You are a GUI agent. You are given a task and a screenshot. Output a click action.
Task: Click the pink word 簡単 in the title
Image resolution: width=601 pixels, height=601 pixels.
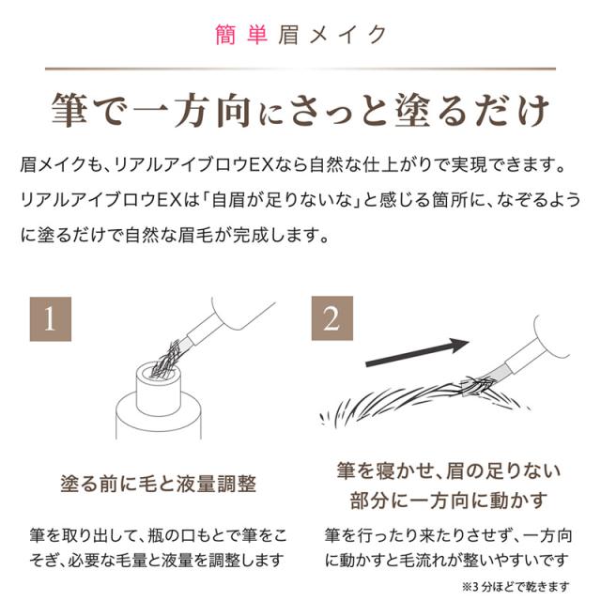coord(241,35)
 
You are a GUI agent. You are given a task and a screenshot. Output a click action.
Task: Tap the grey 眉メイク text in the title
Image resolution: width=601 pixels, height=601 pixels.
coord(332,35)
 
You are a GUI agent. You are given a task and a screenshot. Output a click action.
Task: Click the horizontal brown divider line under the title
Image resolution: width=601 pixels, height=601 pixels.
coord(300,69)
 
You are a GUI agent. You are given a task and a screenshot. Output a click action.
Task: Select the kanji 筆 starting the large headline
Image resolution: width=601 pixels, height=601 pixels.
coord(69,110)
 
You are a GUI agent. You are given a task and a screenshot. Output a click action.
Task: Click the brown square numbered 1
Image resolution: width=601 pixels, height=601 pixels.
coord(51,319)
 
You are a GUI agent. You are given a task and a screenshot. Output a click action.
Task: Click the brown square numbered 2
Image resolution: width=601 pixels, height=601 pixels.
coord(331,318)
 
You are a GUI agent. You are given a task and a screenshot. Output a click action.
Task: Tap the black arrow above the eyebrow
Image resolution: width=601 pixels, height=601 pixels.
coord(417,353)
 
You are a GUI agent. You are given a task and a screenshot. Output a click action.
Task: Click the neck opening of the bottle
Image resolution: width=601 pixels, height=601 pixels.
coord(158,372)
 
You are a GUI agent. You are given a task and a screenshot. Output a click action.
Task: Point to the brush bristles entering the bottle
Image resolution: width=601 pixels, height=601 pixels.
coord(167,359)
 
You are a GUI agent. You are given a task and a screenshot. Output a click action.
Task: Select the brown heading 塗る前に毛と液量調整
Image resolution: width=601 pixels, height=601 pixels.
coord(159,484)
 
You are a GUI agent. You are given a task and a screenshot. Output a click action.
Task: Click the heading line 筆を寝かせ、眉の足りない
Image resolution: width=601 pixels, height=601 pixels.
coord(449,470)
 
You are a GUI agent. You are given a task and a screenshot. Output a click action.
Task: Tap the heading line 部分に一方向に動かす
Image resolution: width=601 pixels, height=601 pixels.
coord(449,501)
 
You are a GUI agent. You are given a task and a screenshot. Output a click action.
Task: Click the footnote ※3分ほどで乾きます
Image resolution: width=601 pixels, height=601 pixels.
coord(516,586)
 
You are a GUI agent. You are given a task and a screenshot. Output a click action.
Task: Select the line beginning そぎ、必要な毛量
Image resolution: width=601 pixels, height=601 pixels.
coord(157,561)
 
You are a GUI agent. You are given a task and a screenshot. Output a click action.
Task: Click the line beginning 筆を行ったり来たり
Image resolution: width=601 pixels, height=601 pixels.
coord(449,535)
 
